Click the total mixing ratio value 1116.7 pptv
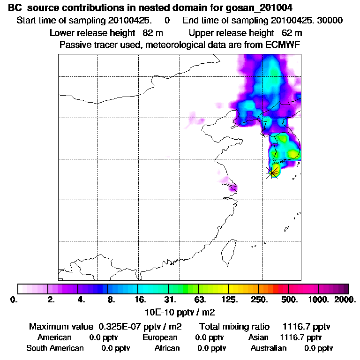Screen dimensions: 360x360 (303, 327)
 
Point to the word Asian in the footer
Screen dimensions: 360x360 (258, 337)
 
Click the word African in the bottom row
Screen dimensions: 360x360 (167, 348)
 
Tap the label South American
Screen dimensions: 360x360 (55, 348)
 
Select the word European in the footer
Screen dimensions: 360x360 (160, 337)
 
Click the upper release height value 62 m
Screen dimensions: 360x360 (292, 33)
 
